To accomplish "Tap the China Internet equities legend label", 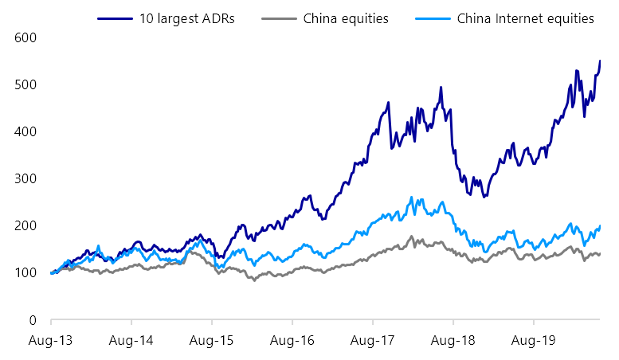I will click(526, 18).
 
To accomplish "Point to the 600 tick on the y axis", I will click(26, 37).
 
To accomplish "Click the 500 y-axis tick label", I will click(26, 84).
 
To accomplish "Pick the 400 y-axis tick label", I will click(26, 131).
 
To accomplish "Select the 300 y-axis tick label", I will click(26, 178).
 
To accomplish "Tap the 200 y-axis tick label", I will click(26, 225).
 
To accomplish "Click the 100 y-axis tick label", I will click(26, 272).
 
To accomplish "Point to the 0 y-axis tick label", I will click(33, 319).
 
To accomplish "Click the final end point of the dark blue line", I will click(600, 61).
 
